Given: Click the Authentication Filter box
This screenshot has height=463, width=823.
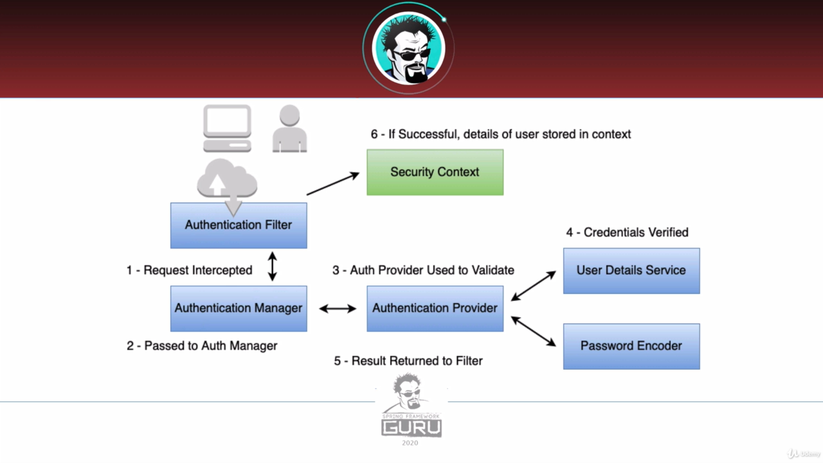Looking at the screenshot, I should (239, 225).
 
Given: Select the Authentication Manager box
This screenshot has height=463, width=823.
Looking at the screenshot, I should (239, 308).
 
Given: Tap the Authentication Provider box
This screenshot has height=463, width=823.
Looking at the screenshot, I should (435, 308).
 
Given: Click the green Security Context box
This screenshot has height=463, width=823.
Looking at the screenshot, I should (435, 172).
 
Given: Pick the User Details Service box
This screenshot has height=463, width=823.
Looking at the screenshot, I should (631, 270).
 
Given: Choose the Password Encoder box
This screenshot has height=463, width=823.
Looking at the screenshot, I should (631, 346).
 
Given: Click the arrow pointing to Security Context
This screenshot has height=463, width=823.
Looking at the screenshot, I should (332, 183).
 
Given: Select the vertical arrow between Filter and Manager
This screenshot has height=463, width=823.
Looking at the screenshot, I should (272, 266).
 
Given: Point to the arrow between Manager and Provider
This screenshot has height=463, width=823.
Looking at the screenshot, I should (338, 309).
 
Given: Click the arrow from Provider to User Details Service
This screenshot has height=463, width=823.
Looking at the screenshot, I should (534, 286).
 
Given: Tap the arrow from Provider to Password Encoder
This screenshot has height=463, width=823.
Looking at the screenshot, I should (534, 331).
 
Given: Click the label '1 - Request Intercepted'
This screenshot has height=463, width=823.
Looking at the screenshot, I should (189, 270).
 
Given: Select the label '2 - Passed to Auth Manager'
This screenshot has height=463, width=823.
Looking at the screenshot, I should (202, 346).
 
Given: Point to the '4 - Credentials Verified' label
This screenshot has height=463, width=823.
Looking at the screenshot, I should (627, 232).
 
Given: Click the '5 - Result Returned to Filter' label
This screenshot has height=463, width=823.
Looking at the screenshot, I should (408, 361).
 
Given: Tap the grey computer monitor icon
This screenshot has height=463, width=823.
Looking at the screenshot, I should (227, 128).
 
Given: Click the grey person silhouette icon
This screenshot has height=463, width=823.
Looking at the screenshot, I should (289, 129).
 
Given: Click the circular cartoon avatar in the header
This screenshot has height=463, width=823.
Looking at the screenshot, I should (409, 48).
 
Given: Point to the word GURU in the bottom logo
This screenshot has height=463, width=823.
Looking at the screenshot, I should (411, 427).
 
